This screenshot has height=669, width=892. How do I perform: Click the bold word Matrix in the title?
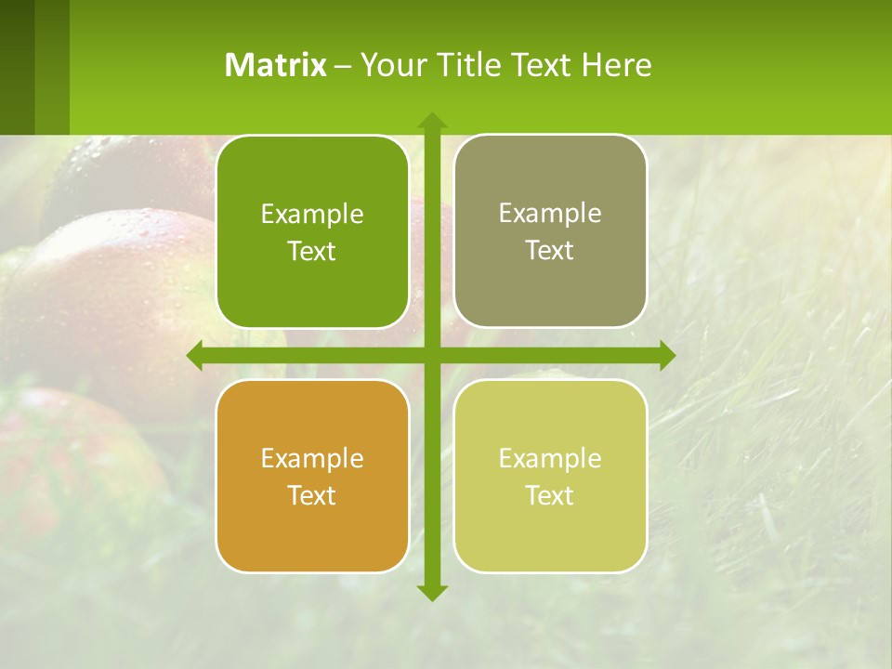[x=276, y=65]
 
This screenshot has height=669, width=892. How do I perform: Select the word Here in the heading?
[x=617, y=65]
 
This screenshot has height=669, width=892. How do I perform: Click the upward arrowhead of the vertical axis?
[x=432, y=120]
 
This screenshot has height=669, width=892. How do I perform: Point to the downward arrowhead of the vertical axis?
[x=432, y=592]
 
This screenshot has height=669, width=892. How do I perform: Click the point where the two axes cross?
[x=432, y=355]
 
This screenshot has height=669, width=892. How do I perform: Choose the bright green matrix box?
[x=312, y=232]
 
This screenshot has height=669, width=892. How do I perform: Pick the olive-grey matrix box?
[x=550, y=231]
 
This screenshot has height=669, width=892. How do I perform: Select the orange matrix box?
[x=312, y=476]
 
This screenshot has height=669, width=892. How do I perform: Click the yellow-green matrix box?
[x=550, y=476]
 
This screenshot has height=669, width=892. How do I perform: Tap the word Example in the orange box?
[x=312, y=458]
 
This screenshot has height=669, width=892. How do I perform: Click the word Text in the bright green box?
[x=312, y=252]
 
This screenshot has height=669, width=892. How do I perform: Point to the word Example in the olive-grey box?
[x=550, y=213]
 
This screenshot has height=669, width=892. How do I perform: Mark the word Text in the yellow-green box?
[x=550, y=495]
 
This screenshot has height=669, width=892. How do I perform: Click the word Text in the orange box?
[x=312, y=495]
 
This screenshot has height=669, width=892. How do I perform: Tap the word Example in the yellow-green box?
[x=550, y=458]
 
